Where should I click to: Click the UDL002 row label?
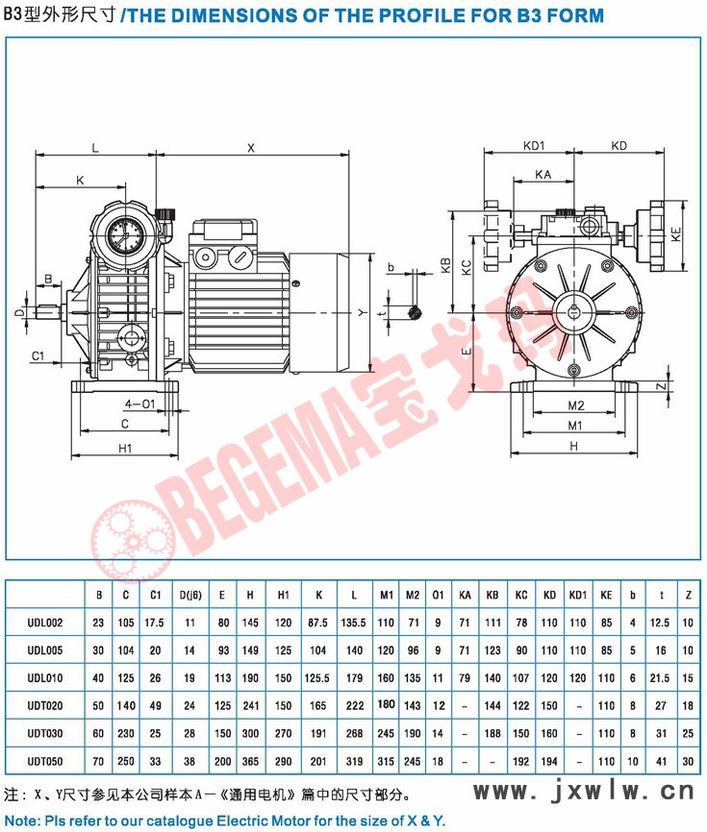pos(45,623)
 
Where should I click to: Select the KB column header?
pos(492,595)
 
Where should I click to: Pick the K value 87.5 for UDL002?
pos(317,623)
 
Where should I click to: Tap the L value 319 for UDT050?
pos(354,762)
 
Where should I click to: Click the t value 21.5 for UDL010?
pos(660,678)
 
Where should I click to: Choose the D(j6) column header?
pos(189,595)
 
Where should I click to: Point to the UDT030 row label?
pos(45,734)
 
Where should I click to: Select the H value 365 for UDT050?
pos(250,762)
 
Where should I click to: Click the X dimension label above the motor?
pos(251,148)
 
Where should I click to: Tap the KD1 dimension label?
pos(534,145)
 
